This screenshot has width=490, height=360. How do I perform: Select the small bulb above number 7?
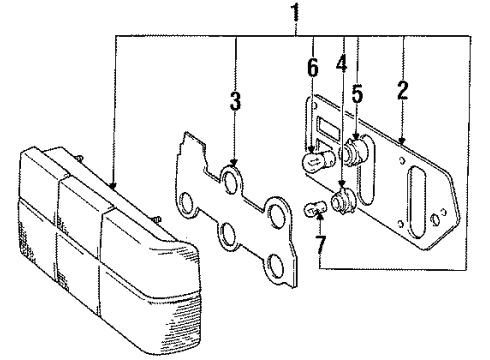(x=313, y=210)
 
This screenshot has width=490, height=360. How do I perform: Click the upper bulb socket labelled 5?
(x=354, y=155)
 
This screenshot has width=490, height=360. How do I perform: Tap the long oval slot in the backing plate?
(x=417, y=206)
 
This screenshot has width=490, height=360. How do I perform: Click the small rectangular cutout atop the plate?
(x=325, y=127)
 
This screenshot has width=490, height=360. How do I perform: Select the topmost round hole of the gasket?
(x=231, y=182)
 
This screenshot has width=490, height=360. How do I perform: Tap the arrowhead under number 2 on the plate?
(x=401, y=139)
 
